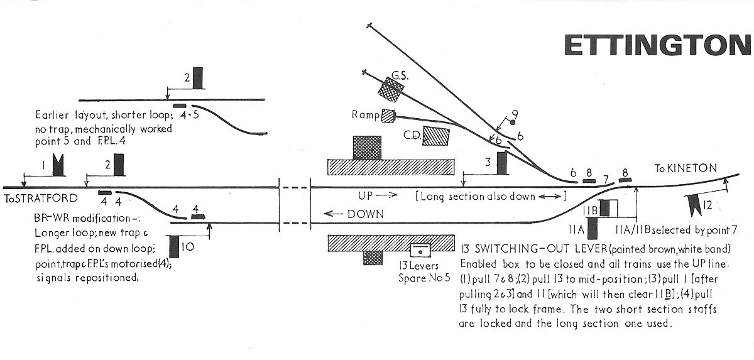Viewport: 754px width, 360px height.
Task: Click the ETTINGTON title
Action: [657, 45]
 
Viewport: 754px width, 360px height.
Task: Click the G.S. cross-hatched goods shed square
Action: [390, 91]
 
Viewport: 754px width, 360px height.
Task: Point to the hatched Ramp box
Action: [390, 116]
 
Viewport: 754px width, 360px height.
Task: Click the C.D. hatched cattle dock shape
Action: [436, 136]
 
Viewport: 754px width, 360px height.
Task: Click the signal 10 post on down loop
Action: [174, 246]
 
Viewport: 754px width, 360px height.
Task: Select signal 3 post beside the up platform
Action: [502, 163]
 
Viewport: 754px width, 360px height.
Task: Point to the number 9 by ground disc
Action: [515, 114]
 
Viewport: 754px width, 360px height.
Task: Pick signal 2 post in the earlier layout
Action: [198, 78]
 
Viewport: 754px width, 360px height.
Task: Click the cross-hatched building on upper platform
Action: [367, 148]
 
